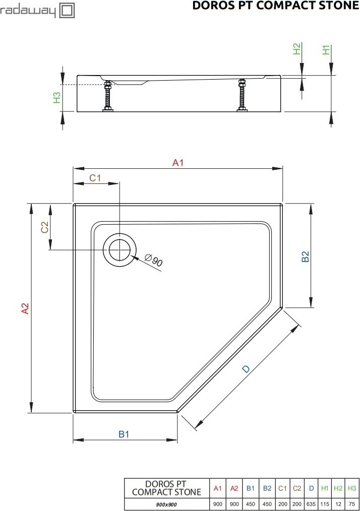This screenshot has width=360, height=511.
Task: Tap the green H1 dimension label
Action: pyautogui.click(x=326, y=50)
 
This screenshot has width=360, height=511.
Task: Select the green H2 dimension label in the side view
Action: pyautogui.click(x=297, y=48)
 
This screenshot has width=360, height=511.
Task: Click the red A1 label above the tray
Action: pyautogui.click(x=177, y=162)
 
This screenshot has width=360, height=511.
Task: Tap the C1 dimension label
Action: pyautogui.click(x=95, y=177)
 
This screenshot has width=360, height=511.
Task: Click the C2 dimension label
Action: pyautogui.click(x=44, y=227)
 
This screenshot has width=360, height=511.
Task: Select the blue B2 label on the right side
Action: pyautogui.click(x=305, y=257)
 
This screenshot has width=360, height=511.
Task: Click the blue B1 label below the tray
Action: pyautogui.click(x=124, y=434)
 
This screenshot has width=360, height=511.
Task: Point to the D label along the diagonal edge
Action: pyautogui.click(x=246, y=369)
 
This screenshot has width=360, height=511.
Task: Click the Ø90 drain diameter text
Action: pyautogui.click(x=154, y=261)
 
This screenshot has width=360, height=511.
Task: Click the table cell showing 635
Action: pyautogui.click(x=311, y=503)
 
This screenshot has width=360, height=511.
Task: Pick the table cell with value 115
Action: pyautogui.click(x=325, y=503)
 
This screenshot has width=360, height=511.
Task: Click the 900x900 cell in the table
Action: pyautogui.click(x=166, y=503)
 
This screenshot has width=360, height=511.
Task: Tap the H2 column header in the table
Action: pyautogui.click(x=338, y=488)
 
